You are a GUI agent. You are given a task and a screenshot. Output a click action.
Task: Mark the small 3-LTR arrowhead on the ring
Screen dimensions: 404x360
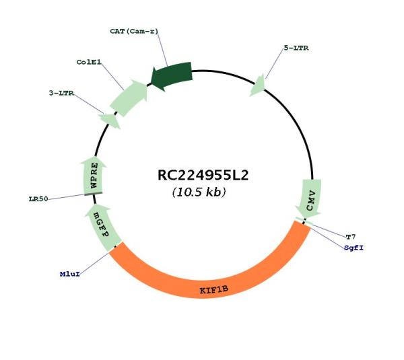click(109, 120)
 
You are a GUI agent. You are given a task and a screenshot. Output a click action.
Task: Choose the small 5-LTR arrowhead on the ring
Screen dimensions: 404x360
click(258, 86)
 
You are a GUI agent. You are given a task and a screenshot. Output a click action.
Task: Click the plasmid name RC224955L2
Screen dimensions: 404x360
click(203, 176)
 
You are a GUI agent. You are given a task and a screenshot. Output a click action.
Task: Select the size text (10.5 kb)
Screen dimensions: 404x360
click(199, 192)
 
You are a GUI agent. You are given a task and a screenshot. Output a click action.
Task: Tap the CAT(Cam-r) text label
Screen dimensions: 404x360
click(138, 32)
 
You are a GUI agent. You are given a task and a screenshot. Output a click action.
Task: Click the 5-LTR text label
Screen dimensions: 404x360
click(296, 48)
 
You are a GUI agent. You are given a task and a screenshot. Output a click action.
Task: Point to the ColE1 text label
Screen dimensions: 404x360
click(88, 62)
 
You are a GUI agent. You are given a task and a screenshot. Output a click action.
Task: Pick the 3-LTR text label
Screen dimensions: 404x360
click(61, 93)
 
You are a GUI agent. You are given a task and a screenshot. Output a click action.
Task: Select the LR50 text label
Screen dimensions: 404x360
click(38, 199)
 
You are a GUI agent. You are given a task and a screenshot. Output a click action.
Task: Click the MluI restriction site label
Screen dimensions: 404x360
click(69, 275)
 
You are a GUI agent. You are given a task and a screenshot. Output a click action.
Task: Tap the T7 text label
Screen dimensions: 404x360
click(350, 237)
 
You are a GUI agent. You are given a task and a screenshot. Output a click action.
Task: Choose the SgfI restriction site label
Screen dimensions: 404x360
click(353, 248)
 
